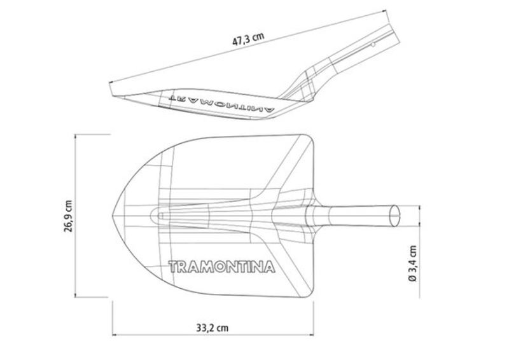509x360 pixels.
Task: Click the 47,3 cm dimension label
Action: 248,39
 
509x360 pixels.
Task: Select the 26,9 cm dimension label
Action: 69,216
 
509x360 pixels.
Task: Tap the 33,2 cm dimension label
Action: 213,328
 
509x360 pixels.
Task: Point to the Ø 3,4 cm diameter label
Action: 412,263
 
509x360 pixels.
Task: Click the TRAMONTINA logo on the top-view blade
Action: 221,267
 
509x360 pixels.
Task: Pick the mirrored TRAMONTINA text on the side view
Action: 222,104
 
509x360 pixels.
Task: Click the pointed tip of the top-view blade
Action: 113,215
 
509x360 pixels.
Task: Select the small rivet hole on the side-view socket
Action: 373,45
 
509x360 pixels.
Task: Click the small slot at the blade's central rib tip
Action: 160,216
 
